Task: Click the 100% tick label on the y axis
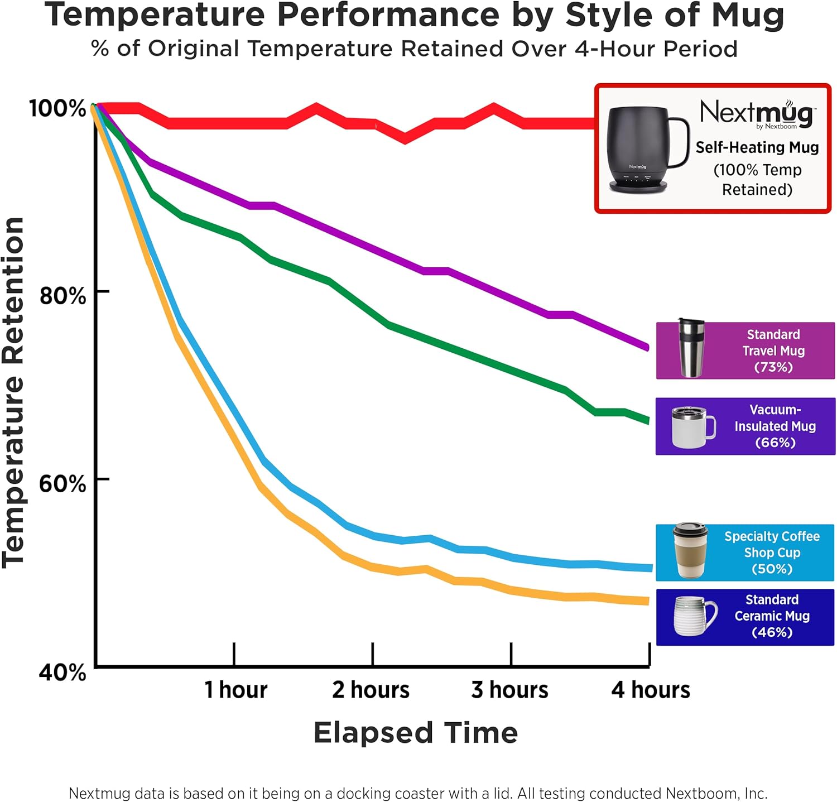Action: pos(57,108)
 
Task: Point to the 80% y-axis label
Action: pos(62,295)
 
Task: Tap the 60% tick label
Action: pos(62,483)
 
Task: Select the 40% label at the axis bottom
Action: pos(62,672)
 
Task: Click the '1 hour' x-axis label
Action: pos(235,690)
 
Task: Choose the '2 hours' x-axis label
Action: pos(371,690)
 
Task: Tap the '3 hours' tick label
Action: pos(509,690)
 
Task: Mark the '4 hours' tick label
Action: pos(651,690)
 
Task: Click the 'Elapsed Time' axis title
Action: pos(416,732)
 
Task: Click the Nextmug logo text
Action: pos(757,113)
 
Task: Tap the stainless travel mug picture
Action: pos(690,348)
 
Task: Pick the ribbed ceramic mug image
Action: pos(694,616)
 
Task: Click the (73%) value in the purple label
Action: pos(773,367)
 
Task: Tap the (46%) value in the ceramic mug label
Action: pos(772,632)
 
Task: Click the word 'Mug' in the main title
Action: pos(747,16)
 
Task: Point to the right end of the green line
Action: pos(647,420)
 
